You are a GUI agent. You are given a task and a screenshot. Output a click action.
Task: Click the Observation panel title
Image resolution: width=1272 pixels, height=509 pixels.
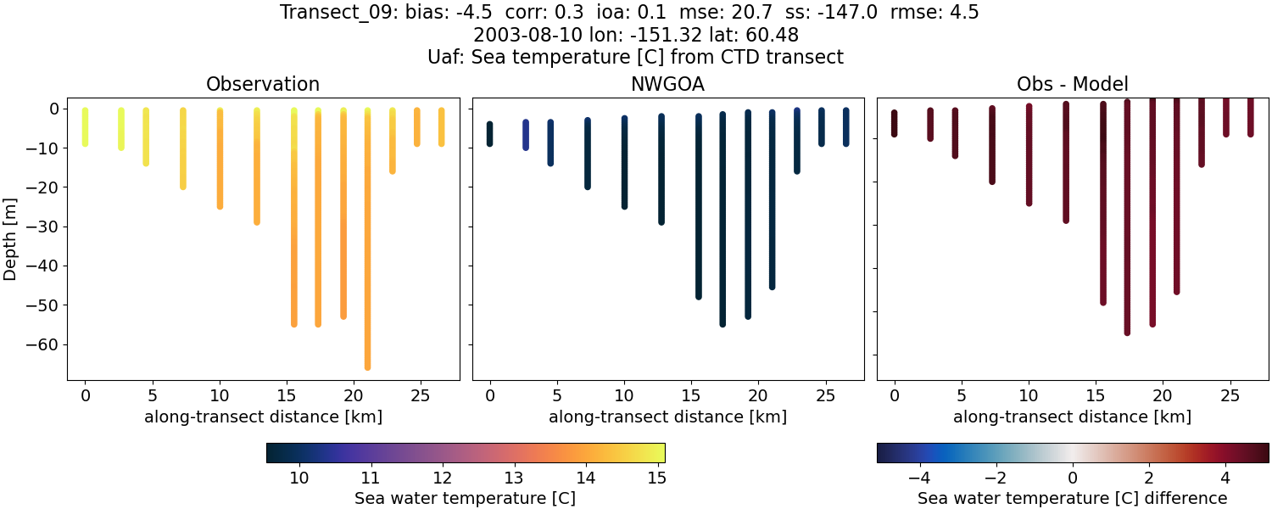(x=263, y=85)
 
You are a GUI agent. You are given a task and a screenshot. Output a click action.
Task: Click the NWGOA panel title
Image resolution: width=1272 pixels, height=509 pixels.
(x=667, y=85)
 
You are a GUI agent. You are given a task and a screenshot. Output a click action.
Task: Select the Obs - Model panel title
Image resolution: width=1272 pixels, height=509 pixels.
(x=1072, y=85)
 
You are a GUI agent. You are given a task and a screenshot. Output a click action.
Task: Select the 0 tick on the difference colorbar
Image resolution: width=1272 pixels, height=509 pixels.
(x=1073, y=478)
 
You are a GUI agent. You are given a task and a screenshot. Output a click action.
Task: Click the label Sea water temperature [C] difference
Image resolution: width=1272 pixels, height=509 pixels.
(x=1072, y=498)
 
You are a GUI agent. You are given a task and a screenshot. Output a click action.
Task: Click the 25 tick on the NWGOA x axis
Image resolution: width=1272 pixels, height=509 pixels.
(x=821, y=395)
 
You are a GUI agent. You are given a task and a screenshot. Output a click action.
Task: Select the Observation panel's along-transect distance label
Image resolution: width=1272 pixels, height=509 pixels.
(x=263, y=417)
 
